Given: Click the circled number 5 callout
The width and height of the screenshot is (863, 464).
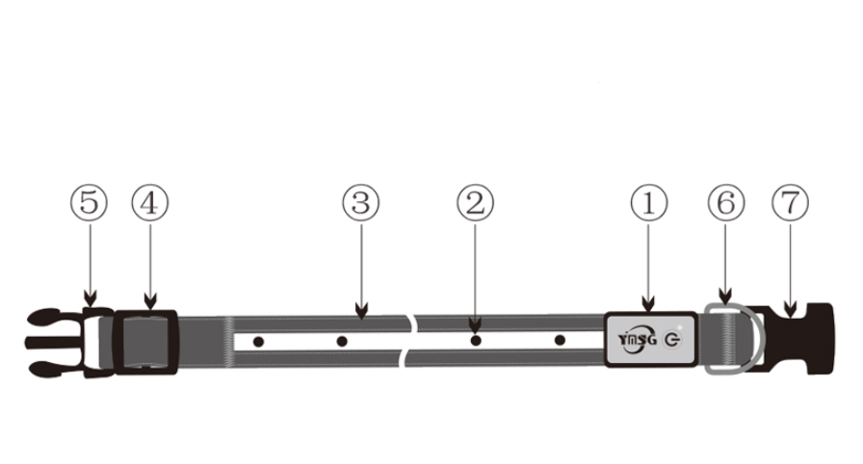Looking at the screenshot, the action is [x=90, y=202].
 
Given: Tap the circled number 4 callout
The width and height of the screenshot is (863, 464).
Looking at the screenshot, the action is [x=149, y=202].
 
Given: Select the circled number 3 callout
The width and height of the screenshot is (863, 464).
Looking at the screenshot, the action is [x=361, y=202].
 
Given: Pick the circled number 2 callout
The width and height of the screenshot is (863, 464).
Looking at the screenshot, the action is [x=476, y=202].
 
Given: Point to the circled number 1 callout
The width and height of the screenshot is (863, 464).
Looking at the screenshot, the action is [x=649, y=202].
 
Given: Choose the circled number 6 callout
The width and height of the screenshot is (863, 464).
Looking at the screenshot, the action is [x=726, y=202].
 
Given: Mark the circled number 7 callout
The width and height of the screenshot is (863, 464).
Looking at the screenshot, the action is [x=791, y=202].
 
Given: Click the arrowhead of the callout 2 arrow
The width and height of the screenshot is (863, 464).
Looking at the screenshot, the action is [x=476, y=324].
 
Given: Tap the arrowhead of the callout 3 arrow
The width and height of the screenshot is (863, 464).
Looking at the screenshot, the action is [x=361, y=311].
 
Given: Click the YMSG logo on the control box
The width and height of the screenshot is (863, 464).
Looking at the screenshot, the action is [x=638, y=340].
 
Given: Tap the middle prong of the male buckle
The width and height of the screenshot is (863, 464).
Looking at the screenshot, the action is [x=54, y=343].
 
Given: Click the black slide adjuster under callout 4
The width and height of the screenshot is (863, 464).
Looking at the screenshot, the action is [x=145, y=342].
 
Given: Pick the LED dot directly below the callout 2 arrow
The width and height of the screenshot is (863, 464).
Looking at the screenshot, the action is [x=476, y=341].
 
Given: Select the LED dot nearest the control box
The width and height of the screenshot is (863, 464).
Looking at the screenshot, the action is [x=560, y=341].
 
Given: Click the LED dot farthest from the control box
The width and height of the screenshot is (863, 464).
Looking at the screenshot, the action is [x=258, y=342].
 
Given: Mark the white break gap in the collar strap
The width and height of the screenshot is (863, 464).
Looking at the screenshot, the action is [x=410, y=341].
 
